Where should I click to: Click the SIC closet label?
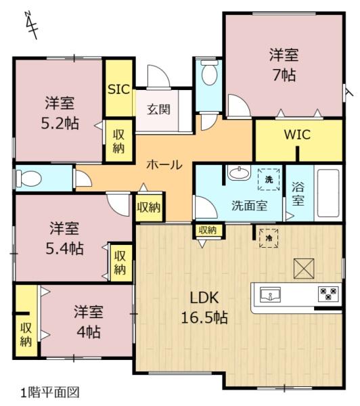click(x=118, y=89)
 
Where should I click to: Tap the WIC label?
click(x=297, y=135)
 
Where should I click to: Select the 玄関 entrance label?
click(x=158, y=109)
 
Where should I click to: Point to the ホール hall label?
click(x=164, y=164)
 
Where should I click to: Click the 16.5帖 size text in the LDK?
click(x=204, y=317)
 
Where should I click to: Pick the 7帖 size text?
click(x=284, y=75)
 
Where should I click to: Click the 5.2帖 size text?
click(x=60, y=123)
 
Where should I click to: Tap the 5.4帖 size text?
click(x=65, y=248)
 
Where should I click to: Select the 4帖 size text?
click(x=89, y=332)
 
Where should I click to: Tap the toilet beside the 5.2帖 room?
click(x=28, y=179)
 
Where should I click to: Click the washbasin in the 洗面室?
click(x=239, y=173)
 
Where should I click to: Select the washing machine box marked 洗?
click(x=269, y=179)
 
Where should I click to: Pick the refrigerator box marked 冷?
click(x=269, y=238)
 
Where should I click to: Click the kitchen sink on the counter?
click(x=271, y=294)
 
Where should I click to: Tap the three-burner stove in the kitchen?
click(x=328, y=294)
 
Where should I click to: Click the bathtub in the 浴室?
click(x=328, y=193)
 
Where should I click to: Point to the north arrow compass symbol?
click(x=32, y=25)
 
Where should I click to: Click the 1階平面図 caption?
click(x=49, y=392)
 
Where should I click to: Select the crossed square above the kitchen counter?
click(x=304, y=269)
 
